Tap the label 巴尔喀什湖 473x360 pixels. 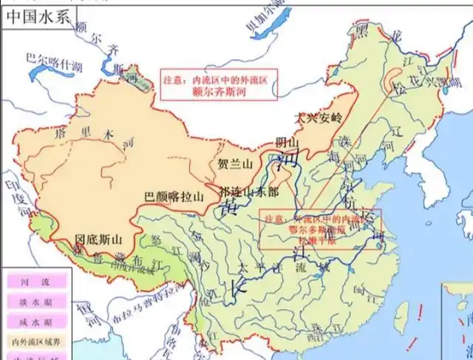55,58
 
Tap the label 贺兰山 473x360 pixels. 235,164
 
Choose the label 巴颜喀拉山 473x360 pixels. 172,196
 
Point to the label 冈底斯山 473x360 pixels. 99,240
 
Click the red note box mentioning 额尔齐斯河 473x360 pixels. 220,84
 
